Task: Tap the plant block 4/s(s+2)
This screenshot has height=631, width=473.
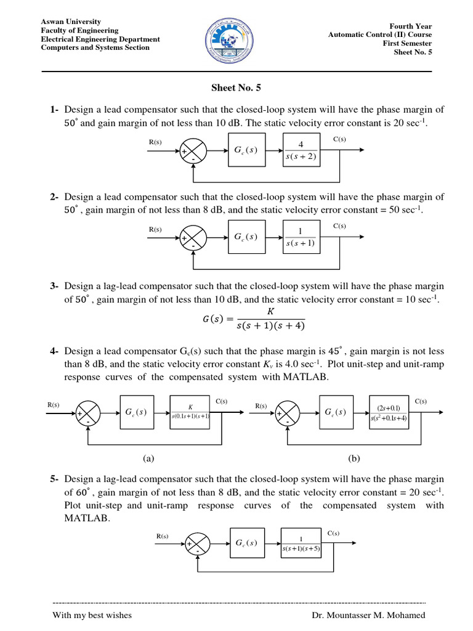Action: (300, 150)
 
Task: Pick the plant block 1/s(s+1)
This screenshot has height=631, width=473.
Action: (300, 237)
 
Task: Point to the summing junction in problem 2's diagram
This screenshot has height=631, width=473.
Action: (193, 238)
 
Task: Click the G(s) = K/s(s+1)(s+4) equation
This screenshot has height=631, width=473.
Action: (254, 319)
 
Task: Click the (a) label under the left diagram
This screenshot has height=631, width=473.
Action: (147, 458)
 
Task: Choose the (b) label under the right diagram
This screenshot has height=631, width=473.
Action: (354, 458)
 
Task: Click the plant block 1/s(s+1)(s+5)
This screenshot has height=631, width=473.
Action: (301, 543)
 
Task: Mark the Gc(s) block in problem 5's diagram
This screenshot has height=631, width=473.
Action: (246, 543)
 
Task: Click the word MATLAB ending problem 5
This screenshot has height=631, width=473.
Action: (87, 519)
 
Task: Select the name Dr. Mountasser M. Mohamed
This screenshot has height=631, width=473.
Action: (368, 615)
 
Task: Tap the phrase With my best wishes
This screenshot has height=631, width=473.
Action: (92, 615)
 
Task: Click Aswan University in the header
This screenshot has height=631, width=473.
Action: (71, 22)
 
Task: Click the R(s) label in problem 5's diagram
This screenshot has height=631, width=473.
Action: (163, 537)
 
